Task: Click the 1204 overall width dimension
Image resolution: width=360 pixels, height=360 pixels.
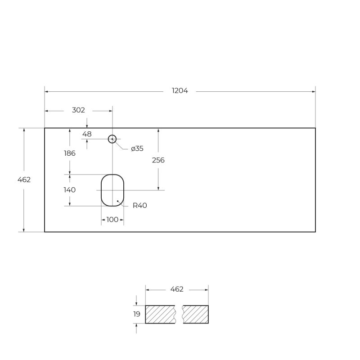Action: coord(180,91)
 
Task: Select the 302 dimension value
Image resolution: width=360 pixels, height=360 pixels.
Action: coord(78,110)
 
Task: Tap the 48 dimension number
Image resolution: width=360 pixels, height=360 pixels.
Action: coord(87,134)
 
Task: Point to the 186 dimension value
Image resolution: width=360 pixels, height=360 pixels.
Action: coord(69,153)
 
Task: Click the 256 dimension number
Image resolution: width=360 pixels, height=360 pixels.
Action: coord(158,160)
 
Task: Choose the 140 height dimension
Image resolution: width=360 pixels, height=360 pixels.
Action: coord(69,190)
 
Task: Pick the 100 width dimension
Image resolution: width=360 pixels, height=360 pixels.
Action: coord(112,220)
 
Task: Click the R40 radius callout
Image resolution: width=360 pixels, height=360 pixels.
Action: coord(139,206)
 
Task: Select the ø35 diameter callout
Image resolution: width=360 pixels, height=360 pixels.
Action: coord(137,148)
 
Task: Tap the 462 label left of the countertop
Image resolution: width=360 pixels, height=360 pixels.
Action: coord(24,180)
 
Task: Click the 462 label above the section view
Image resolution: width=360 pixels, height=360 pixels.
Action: coord(177,289)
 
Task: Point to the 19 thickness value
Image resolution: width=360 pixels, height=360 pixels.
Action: coord(137,314)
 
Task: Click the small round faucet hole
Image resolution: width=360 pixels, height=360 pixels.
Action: coord(112,139)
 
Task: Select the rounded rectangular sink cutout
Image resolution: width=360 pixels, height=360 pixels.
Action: coord(112,190)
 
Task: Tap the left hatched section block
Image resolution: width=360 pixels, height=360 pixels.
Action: coord(160,314)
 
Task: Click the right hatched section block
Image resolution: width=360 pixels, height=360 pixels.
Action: coord(196,314)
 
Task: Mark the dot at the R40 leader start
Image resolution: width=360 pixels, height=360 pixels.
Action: coord(117,201)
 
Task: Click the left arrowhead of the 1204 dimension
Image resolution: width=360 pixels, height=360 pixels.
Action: coord(46,91)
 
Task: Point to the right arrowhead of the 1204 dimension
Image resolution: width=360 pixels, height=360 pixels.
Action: coord(314,91)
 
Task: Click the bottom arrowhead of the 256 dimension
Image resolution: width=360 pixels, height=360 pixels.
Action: coord(158,188)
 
